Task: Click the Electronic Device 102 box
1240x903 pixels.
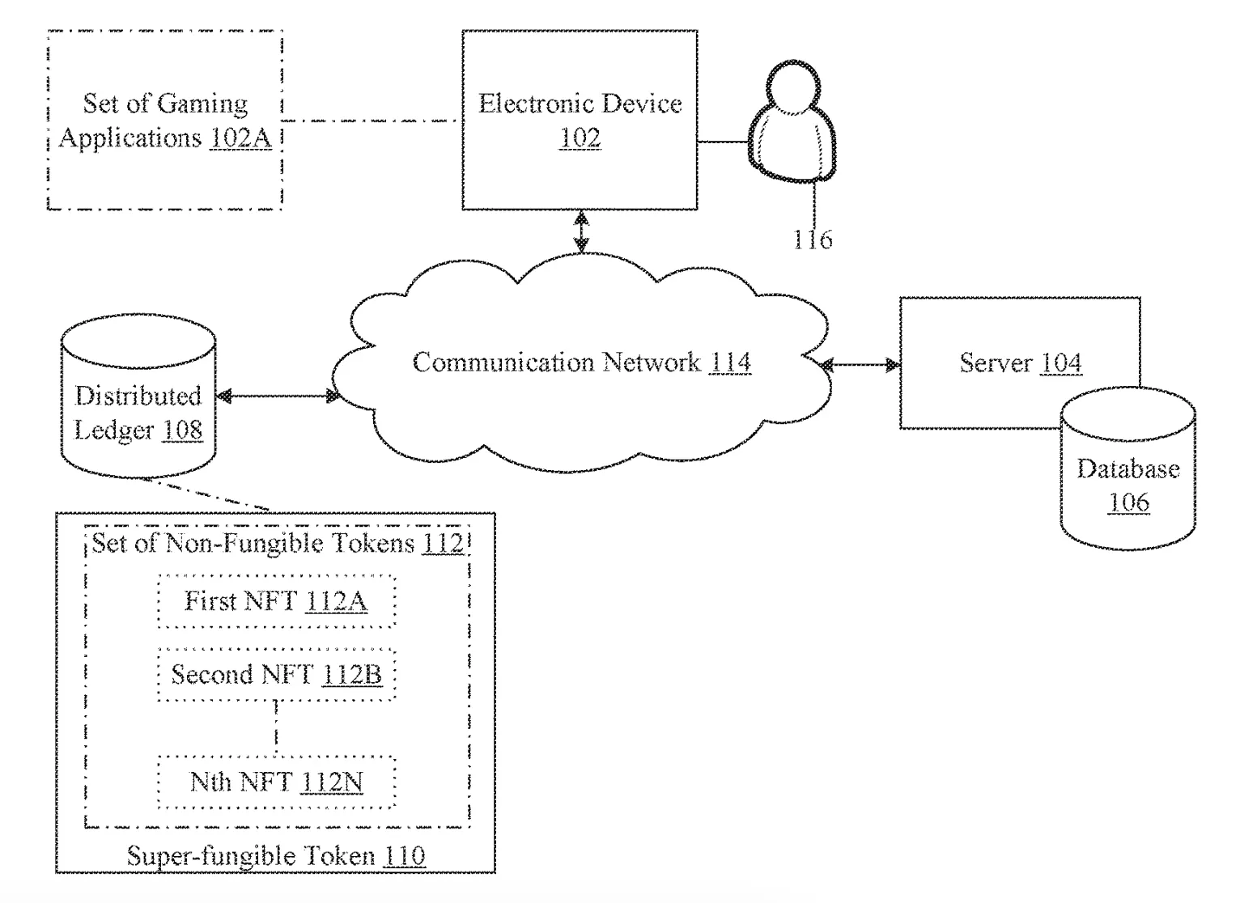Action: [x=580, y=120]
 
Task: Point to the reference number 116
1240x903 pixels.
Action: [x=812, y=240]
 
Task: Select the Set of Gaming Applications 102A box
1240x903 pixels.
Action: [x=165, y=120]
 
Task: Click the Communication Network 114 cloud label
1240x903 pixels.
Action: [x=581, y=362]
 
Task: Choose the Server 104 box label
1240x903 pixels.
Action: [x=1020, y=362]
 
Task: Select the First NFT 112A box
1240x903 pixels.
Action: [x=276, y=601]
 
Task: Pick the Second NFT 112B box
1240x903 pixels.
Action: [x=276, y=674]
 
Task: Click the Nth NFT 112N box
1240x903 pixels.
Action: [x=276, y=782]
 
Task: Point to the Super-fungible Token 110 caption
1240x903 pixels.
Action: [x=275, y=855]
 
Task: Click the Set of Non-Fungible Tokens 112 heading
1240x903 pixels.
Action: [x=277, y=542]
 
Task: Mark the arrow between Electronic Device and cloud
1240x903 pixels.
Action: [x=580, y=232]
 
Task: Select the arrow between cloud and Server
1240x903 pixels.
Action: [x=860, y=366]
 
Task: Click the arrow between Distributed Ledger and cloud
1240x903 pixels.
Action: [x=278, y=396]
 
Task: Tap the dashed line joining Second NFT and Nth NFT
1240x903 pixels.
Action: [x=276, y=727]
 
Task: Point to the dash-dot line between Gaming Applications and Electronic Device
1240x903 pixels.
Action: [x=372, y=121]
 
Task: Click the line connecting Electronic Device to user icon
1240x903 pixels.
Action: [x=723, y=142]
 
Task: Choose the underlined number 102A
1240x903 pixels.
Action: [x=240, y=138]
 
